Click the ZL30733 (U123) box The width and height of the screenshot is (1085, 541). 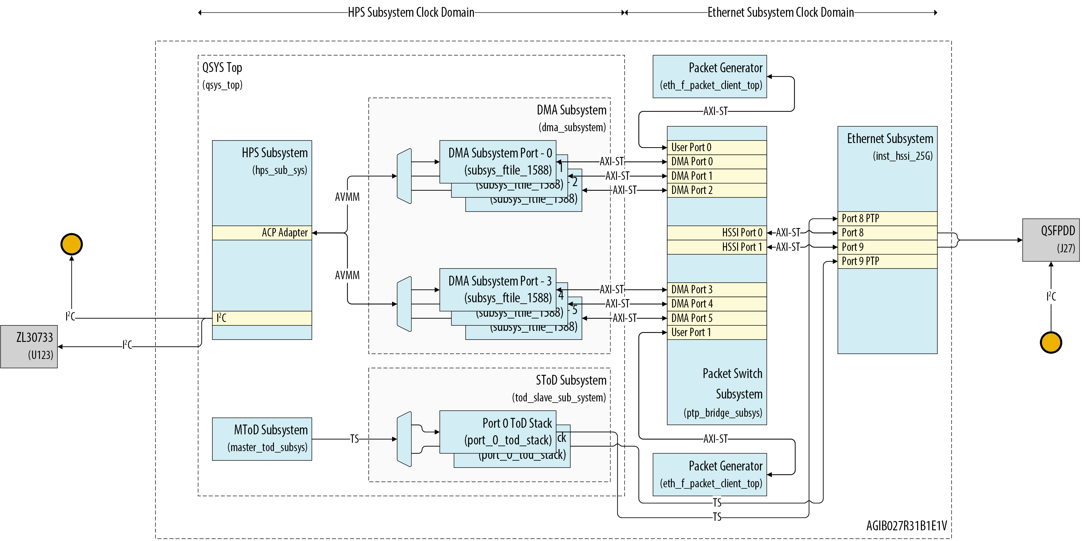[29, 346]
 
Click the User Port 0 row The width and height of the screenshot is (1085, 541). [717, 147]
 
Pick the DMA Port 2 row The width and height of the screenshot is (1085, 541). [717, 190]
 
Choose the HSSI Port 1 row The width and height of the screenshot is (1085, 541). [717, 247]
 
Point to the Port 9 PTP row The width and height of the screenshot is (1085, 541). [887, 261]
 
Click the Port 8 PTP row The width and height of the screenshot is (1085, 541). [887, 218]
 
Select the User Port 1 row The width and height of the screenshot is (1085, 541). [717, 332]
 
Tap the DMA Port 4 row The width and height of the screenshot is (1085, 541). [717, 304]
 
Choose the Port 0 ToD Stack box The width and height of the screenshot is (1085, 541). [498, 432]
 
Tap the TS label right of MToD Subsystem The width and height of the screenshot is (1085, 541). [355, 439]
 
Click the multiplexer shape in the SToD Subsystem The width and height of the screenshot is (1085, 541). [404, 439]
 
